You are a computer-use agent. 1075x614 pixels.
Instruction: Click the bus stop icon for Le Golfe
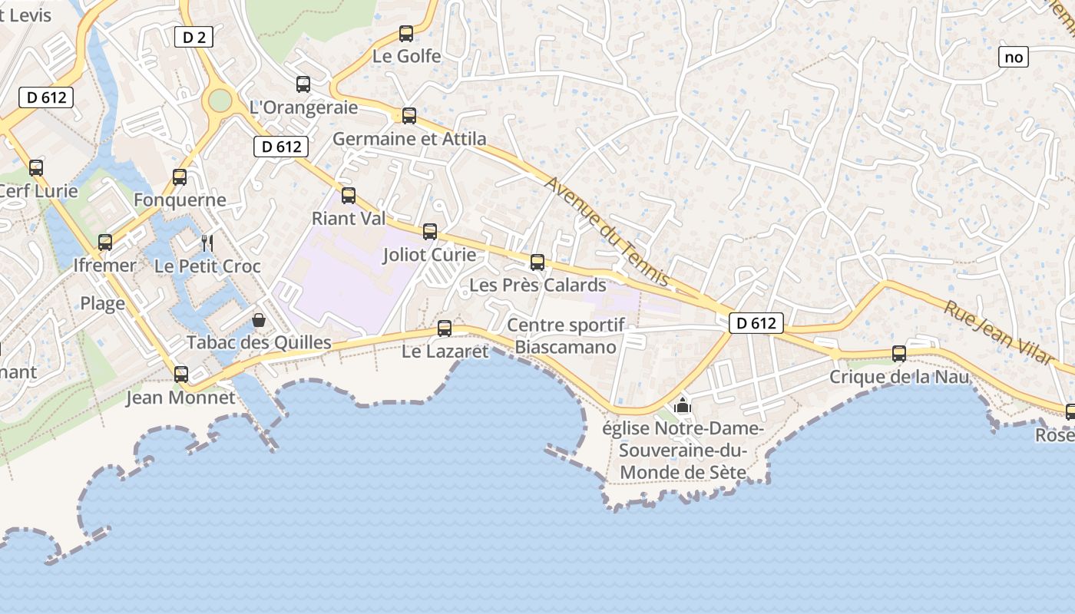pyautogui.click(x=406, y=34)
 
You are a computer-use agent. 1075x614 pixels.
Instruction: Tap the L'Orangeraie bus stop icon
pyautogui.click(x=303, y=84)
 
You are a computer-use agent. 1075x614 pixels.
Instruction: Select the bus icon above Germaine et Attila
pyautogui.click(x=409, y=116)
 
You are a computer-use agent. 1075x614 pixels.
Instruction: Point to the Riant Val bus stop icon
pyautogui.click(x=349, y=196)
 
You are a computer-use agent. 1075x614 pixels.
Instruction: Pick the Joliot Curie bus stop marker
pyautogui.click(x=430, y=232)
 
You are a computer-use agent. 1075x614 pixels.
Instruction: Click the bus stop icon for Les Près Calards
pyautogui.click(x=537, y=262)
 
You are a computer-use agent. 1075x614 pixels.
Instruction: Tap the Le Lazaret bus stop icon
pyautogui.click(x=445, y=328)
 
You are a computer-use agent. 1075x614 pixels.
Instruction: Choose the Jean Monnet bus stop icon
pyautogui.click(x=181, y=375)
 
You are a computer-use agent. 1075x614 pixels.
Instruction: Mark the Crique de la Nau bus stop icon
pyautogui.click(x=899, y=354)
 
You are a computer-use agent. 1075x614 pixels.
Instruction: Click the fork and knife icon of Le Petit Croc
pyautogui.click(x=207, y=243)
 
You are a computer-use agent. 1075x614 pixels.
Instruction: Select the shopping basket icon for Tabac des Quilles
pyautogui.click(x=259, y=319)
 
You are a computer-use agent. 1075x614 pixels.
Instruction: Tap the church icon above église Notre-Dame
pyautogui.click(x=683, y=405)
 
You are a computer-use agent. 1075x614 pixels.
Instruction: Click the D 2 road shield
pyautogui.click(x=193, y=37)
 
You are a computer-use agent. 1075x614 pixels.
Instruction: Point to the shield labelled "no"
pyautogui.click(x=1014, y=57)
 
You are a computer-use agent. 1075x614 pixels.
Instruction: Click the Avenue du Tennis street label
pyautogui.click(x=607, y=231)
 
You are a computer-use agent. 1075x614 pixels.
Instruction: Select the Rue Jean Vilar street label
pyautogui.click(x=997, y=332)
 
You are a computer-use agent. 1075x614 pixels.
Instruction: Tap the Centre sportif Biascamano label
pyautogui.click(x=566, y=336)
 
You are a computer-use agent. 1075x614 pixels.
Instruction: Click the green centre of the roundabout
pyautogui.click(x=220, y=100)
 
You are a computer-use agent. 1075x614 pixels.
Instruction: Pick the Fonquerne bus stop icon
pyautogui.click(x=180, y=177)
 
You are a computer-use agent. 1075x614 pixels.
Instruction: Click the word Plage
pyautogui.click(x=103, y=303)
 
